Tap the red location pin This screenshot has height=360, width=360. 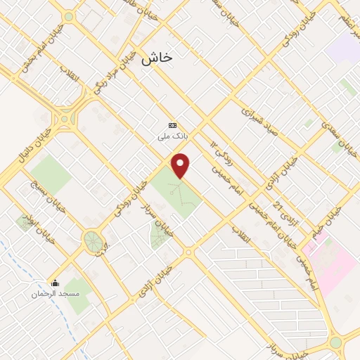(181, 165)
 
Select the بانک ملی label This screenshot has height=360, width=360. (172, 139)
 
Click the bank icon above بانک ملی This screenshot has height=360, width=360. (172, 127)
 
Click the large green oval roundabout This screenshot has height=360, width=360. (92, 241)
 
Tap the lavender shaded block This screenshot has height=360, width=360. (343, 47)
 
